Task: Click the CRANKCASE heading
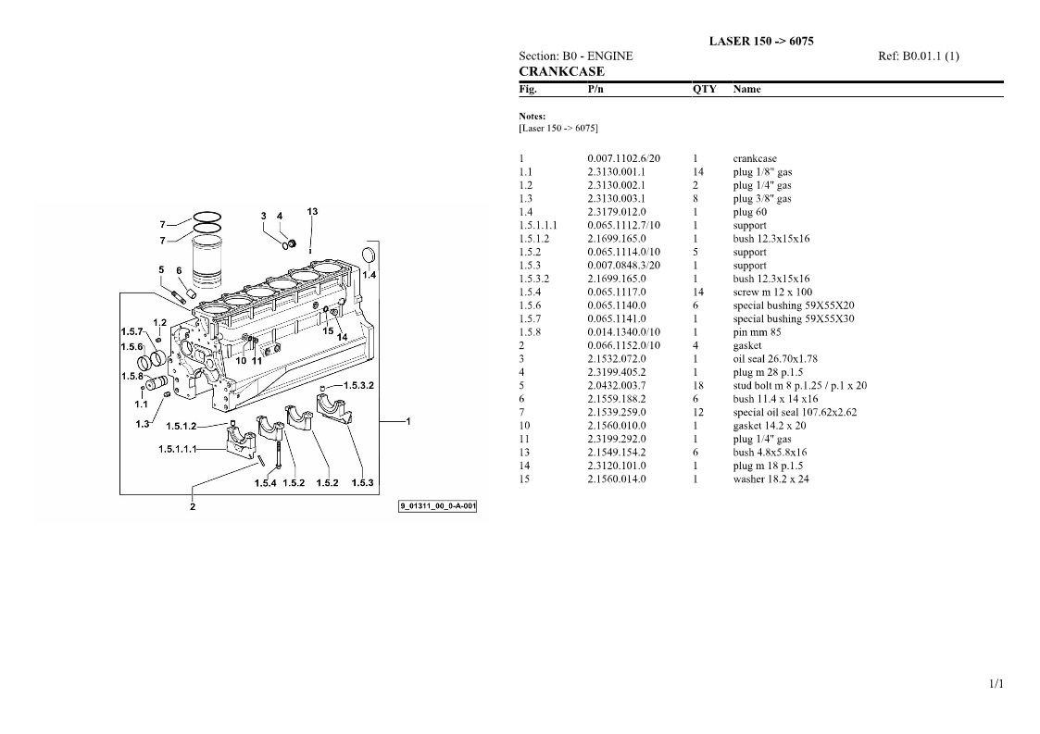click(x=561, y=71)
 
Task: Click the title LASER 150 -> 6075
click(x=760, y=41)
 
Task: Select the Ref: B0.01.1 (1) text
click(x=918, y=56)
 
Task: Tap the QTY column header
click(x=705, y=89)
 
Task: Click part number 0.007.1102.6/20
click(x=623, y=158)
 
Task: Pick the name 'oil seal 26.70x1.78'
click(x=775, y=359)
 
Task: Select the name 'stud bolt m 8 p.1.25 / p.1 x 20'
click(x=799, y=385)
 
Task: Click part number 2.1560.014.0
click(x=616, y=479)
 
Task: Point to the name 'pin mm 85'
click(x=757, y=332)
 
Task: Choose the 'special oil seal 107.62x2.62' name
click(x=795, y=412)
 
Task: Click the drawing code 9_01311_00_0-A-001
click(x=437, y=506)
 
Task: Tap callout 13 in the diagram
click(x=312, y=212)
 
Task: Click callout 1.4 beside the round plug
click(x=369, y=275)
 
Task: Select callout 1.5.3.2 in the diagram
click(x=358, y=385)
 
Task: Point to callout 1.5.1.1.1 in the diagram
click(x=177, y=449)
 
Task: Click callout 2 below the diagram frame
click(x=193, y=507)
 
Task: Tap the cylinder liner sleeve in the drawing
click(x=207, y=261)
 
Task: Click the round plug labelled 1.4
click(x=368, y=255)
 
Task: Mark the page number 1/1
click(x=996, y=684)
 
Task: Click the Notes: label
click(x=532, y=116)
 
